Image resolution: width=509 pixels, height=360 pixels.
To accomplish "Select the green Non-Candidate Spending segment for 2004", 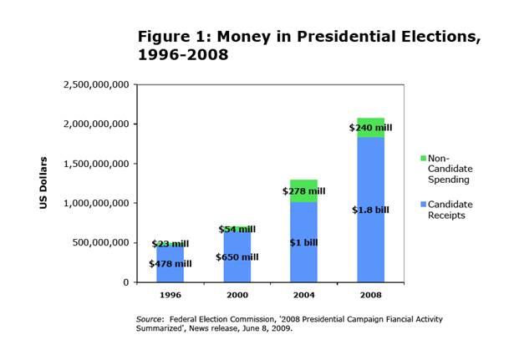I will [x=303, y=185].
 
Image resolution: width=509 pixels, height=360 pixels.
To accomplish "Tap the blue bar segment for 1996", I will [x=171, y=276].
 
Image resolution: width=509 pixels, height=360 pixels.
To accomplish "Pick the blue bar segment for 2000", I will [x=237, y=271].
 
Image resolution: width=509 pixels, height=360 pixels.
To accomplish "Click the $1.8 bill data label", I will [x=370, y=210].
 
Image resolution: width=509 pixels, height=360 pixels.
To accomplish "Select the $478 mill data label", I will [x=170, y=264].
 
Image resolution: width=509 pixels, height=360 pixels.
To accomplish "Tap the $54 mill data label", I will [x=237, y=229].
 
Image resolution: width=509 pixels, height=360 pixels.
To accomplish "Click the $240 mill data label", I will [x=370, y=128].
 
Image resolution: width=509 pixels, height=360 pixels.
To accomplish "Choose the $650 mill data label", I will [x=237, y=256].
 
